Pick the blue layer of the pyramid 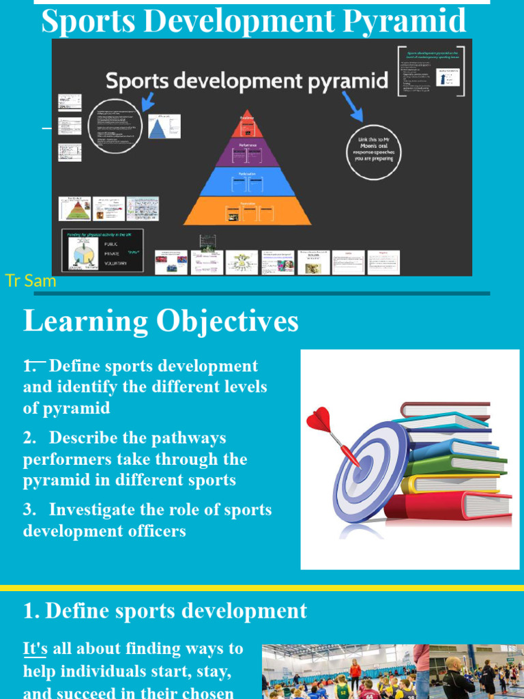click(x=247, y=181)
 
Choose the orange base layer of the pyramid click(x=247, y=211)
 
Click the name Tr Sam click(x=30, y=281)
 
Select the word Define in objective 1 click(x=74, y=366)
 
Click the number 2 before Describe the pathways click(x=29, y=438)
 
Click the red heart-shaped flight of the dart click(x=319, y=419)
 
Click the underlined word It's click(x=35, y=648)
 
